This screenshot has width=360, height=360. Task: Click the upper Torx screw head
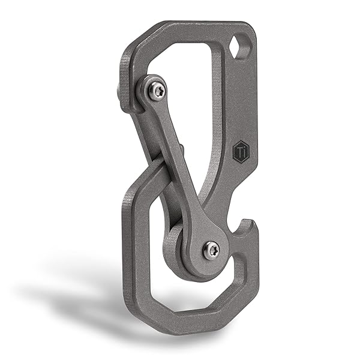pos(157,91)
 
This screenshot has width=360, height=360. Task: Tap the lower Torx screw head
pos(211,250)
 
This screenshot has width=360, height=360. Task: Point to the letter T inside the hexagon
pos(239,151)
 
